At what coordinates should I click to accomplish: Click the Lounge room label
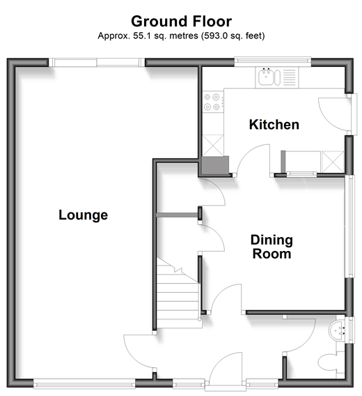pyautogui.click(x=84, y=215)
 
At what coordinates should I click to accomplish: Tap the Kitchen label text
pyautogui.click(x=274, y=125)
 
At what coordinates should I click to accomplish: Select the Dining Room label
pyautogui.click(x=271, y=247)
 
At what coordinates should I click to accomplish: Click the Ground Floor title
pyautogui.click(x=181, y=21)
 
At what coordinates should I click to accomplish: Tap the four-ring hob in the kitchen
pyautogui.click(x=212, y=102)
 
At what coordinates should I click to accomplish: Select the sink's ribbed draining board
pyautogui.click(x=289, y=77)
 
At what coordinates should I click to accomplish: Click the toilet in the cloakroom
pyautogui.click(x=331, y=364)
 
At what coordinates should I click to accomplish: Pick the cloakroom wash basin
pyautogui.click(x=337, y=330)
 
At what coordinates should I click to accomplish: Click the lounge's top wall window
pyautogui.click(x=97, y=62)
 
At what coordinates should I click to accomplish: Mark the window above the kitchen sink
pyautogui.click(x=273, y=61)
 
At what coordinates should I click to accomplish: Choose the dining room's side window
pyautogui.click(x=350, y=226)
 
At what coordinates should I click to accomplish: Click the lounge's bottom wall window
pyautogui.click(x=84, y=384)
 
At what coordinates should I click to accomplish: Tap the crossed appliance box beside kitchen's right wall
pyautogui.click(x=333, y=162)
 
